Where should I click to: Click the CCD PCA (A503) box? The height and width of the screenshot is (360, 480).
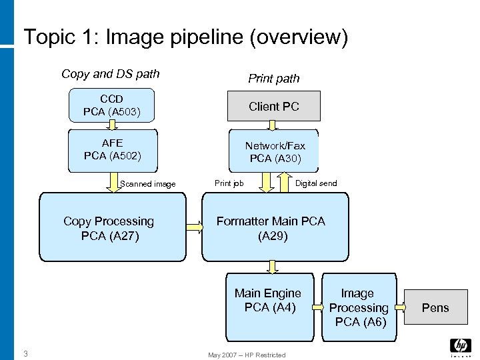(112, 106)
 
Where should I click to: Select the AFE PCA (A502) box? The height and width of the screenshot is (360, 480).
(113, 150)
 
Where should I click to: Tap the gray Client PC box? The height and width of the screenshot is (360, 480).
(274, 106)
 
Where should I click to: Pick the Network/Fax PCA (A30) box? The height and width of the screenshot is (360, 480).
(275, 151)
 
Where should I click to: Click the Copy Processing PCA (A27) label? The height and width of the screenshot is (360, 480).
(109, 228)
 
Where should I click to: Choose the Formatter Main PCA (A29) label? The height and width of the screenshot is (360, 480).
(271, 228)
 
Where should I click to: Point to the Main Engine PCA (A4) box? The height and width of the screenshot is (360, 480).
(268, 300)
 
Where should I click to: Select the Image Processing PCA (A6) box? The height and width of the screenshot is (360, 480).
(358, 307)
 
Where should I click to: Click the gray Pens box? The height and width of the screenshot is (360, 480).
(435, 307)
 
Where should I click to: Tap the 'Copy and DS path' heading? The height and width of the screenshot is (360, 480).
(111, 74)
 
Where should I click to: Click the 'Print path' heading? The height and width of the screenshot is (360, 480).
(274, 79)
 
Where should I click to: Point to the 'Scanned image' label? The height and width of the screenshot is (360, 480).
(147, 184)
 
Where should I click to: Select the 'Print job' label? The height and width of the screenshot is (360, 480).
(229, 183)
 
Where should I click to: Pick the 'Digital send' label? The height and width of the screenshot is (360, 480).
(316, 183)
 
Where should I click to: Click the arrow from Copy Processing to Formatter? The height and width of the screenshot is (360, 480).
(194, 227)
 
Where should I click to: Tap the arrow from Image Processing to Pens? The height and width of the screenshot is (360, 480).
(400, 307)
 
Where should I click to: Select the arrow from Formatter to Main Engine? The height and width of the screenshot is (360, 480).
(272, 267)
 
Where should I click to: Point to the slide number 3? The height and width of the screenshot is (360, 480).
(25, 353)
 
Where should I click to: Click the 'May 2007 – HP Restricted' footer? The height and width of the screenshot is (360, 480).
(247, 355)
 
